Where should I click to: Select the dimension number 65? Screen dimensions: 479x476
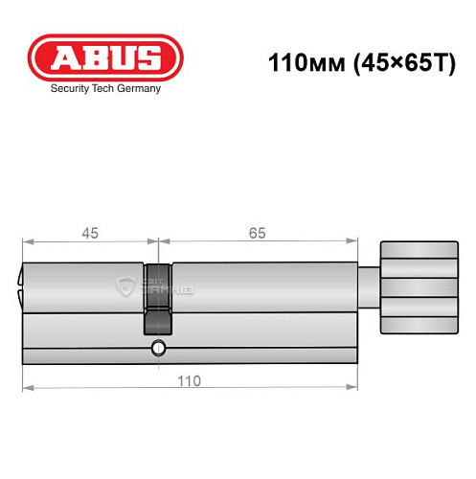(257, 233)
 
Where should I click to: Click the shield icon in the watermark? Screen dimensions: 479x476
(124, 285)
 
